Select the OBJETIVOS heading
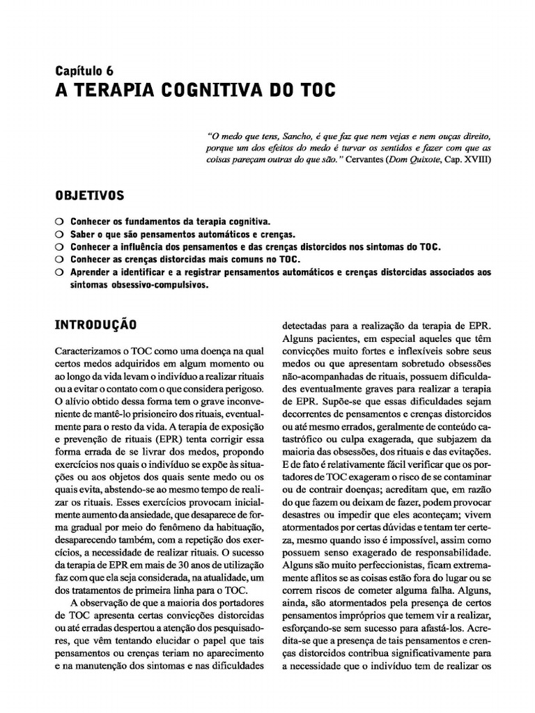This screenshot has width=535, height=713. coord(89,194)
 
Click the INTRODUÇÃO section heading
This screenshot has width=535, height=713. coord(95,324)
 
